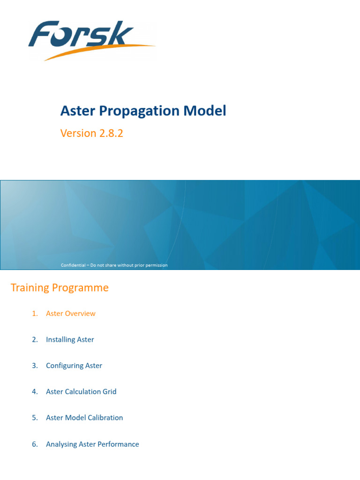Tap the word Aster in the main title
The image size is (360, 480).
tap(77, 111)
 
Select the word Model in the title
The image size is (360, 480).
tap(204, 111)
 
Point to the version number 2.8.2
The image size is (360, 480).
tap(111, 133)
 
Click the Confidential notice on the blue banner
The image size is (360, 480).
tap(114, 265)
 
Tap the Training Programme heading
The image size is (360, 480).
tap(60, 288)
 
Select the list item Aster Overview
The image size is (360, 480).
tap(70, 314)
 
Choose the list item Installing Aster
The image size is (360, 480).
tap(70, 339)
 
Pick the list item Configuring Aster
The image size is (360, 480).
tap(74, 366)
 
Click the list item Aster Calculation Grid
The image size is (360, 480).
tap(81, 391)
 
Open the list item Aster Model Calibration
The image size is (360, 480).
tap(84, 418)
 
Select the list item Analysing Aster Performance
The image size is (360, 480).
tap(92, 444)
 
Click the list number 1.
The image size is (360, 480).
tap(35, 314)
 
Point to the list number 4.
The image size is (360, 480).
tap(35, 391)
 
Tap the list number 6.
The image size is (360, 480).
tap(35, 444)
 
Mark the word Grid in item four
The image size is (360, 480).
tap(109, 391)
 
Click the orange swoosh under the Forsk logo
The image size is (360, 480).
tap(94, 52)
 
